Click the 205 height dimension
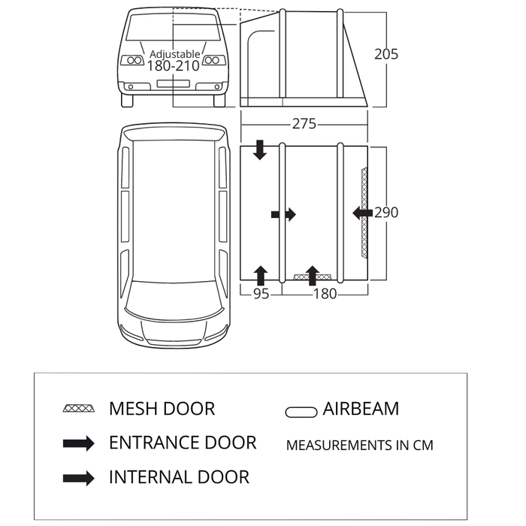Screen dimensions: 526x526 click(385, 54)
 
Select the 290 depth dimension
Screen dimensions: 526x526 click(386, 213)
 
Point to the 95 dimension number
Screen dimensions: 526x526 click(260, 294)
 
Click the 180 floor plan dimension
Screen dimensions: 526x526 click(325, 294)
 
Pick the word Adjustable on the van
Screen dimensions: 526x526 click(174, 54)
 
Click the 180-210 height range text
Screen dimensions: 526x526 click(174, 66)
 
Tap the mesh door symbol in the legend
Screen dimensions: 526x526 click(79, 409)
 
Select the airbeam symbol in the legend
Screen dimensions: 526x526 click(301, 412)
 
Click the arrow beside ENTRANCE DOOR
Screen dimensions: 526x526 click(79, 443)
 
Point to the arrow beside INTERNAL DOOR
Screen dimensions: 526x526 click(79, 477)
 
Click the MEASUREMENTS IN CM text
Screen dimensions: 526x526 click(359, 445)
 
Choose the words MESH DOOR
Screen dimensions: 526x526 click(162, 409)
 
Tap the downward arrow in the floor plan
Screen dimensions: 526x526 click(260, 149)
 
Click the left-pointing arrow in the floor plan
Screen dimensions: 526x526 click(362, 213)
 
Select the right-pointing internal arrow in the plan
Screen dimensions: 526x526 click(284, 215)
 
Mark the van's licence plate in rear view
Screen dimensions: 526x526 click(174, 83)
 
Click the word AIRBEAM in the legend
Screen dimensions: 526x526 click(361, 409)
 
